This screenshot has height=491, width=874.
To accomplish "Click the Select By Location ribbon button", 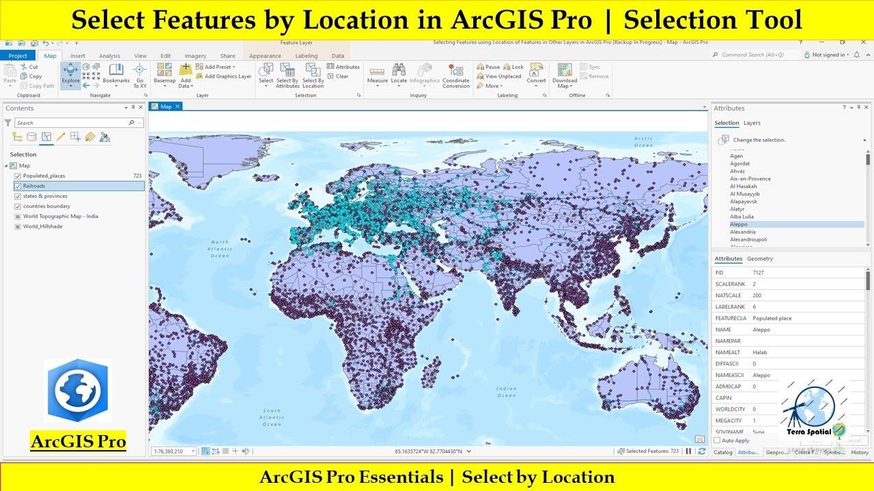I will [313, 74].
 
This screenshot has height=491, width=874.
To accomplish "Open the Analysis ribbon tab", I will [109, 56].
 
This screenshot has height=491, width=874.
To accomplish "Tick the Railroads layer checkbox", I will [17, 186].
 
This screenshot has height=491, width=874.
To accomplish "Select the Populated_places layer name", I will [44, 176].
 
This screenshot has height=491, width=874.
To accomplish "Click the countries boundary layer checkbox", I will [17, 206].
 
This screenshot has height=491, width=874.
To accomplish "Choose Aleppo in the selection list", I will [739, 224].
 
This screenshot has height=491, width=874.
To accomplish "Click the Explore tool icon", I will [70, 73].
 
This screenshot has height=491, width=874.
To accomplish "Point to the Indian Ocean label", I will [506, 391].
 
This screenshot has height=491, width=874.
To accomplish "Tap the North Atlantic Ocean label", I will [220, 249].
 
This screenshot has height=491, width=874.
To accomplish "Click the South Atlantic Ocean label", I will [271, 417].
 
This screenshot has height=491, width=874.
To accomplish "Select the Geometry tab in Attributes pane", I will [759, 259].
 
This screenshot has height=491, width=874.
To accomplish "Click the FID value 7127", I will [758, 273].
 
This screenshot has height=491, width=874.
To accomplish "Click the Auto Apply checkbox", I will [716, 441].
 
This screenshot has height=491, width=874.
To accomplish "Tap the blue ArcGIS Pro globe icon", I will [78, 390].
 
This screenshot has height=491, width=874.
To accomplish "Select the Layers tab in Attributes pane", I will [752, 123].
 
